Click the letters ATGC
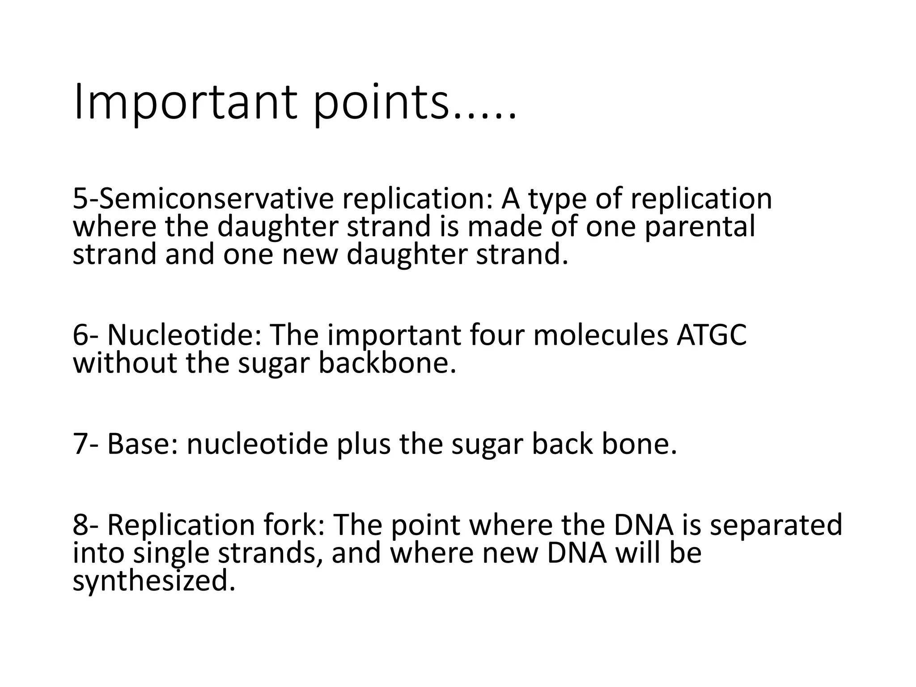coord(711,335)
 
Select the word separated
coord(776,525)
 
